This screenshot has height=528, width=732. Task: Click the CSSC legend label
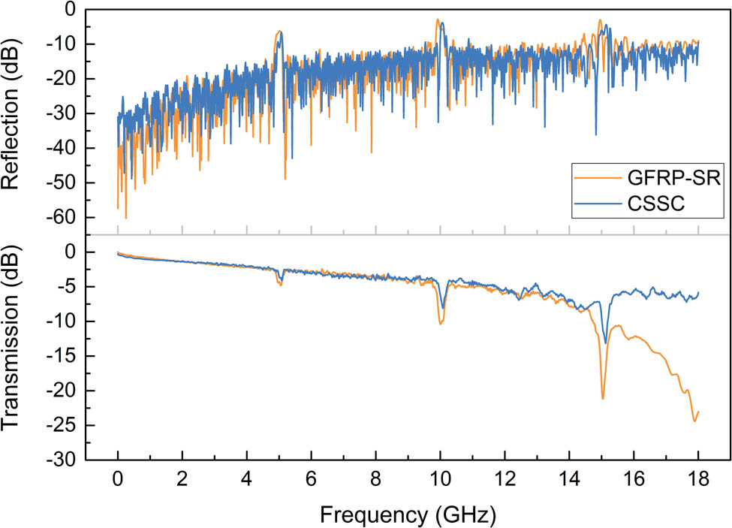(652, 203)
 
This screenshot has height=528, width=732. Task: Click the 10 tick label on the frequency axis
(440, 478)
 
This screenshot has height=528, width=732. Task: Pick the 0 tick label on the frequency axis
(118, 478)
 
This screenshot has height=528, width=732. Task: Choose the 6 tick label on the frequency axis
(311, 478)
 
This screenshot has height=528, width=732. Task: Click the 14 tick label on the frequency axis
(569, 478)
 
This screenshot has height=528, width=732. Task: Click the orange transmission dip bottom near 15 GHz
(603, 399)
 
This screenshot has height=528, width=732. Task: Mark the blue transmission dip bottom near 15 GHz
(606, 343)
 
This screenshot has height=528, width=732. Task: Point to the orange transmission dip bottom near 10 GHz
(441, 324)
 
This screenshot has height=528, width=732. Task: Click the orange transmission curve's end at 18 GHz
(698, 412)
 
